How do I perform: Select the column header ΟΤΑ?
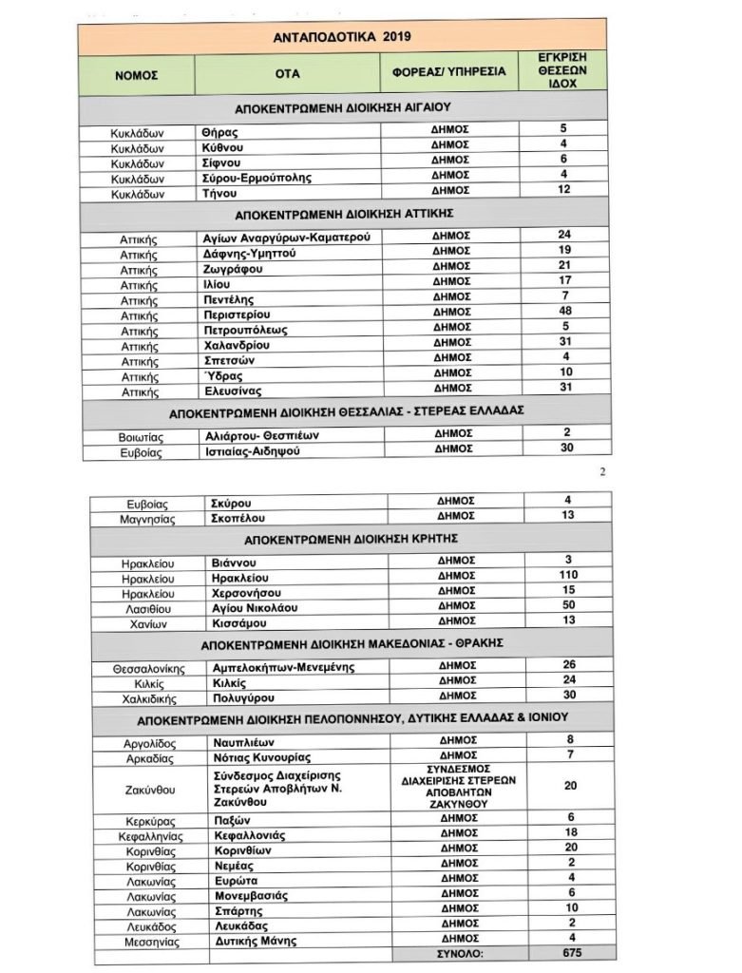(287, 73)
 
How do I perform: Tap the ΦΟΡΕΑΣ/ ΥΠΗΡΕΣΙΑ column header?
(449, 72)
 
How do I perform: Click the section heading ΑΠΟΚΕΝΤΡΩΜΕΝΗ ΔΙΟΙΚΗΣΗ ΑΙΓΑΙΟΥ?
(341, 107)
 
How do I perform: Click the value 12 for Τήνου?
(564, 192)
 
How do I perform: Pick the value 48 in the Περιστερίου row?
(564, 312)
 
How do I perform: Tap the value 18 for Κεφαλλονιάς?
(567, 833)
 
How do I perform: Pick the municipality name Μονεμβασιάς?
(251, 895)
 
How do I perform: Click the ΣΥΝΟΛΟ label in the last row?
(453, 952)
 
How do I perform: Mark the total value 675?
(567, 952)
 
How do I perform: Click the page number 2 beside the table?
(601, 471)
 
